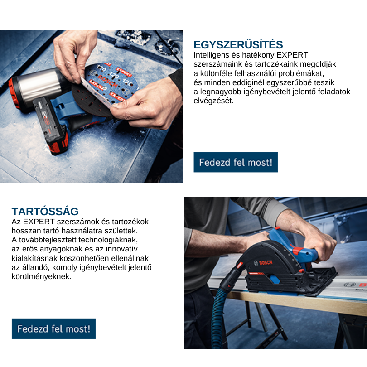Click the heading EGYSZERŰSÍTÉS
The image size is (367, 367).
click(x=238, y=45)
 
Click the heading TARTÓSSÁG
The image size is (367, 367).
click(x=45, y=211)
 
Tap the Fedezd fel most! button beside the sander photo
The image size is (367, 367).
click(x=236, y=162)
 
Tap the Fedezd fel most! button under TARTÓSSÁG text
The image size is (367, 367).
click(x=53, y=328)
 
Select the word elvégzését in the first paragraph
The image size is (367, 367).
click(x=213, y=101)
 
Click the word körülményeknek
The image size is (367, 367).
click(x=41, y=276)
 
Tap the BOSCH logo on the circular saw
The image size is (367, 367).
click(x=263, y=263)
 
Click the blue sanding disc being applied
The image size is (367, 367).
click(x=110, y=83)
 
